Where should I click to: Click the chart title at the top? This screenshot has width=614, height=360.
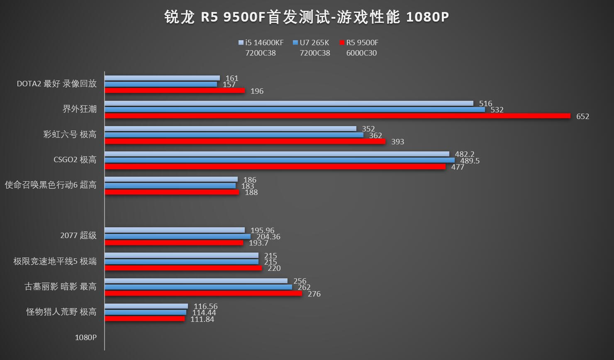tap(307, 17)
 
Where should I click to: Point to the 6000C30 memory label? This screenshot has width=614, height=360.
tap(361, 53)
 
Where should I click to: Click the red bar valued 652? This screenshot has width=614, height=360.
tap(337, 116)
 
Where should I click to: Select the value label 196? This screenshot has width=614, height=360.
tap(257, 91)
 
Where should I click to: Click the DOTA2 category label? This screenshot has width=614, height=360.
tap(56, 84)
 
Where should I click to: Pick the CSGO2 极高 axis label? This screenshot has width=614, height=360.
tap(75, 160)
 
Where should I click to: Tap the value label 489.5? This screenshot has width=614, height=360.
tap(470, 161)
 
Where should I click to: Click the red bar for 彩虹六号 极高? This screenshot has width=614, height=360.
tap(245, 141)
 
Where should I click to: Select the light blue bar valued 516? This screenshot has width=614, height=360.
tap(289, 103)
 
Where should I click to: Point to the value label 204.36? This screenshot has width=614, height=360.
tap(269, 237)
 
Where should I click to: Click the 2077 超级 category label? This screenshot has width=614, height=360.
tap(78, 236)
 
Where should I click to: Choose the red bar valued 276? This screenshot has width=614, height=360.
tap(203, 293)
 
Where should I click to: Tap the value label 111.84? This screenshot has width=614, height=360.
tap(202, 319)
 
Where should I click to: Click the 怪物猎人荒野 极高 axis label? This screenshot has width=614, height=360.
tap(61, 312)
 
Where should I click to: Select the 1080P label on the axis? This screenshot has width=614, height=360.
tap(85, 337)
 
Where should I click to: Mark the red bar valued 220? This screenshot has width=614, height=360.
tap(183, 268)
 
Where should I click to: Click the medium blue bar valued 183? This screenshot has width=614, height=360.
tap(170, 186)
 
